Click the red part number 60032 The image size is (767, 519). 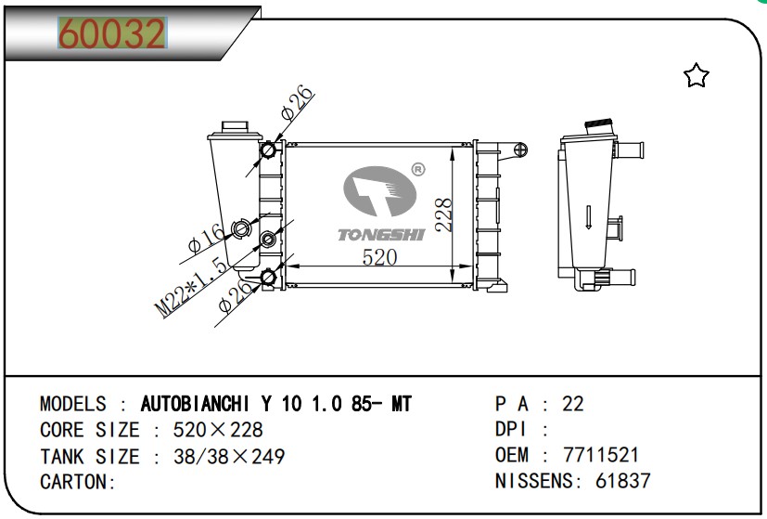point(112,33)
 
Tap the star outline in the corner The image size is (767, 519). point(696,75)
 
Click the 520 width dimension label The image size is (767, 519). point(379,257)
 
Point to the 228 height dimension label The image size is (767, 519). point(444,214)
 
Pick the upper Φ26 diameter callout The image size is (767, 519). point(297,102)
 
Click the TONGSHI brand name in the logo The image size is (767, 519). point(381,235)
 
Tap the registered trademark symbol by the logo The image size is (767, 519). point(418,169)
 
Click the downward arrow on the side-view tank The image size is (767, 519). point(588,217)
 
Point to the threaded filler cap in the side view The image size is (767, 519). point(599,125)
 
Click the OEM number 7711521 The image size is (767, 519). point(601,455)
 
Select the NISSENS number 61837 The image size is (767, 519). point(622,481)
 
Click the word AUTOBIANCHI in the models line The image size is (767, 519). point(195,404)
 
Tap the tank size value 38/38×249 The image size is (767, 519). point(229,456)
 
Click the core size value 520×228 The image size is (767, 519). point(218,430)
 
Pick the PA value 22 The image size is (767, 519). point(573,404)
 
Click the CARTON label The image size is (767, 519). point(78,482)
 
